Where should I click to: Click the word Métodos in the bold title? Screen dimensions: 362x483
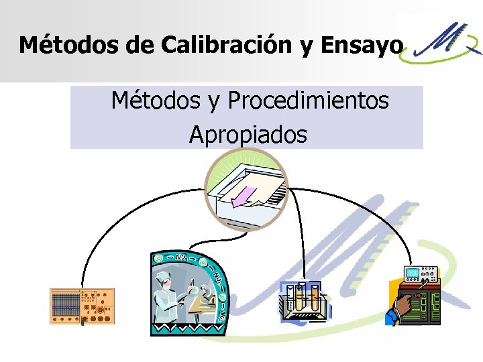click(60, 45)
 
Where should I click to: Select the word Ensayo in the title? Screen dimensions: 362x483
click(362, 46)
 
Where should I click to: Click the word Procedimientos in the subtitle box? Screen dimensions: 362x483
click(308, 101)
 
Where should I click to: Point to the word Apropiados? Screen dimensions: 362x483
click(248, 135)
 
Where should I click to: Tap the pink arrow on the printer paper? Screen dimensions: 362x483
click(243, 197)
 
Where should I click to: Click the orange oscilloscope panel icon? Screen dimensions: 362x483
click(83, 306)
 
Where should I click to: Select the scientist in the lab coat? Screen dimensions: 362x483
click(169, 295)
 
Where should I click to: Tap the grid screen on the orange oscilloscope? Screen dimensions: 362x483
click(65, 306)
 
